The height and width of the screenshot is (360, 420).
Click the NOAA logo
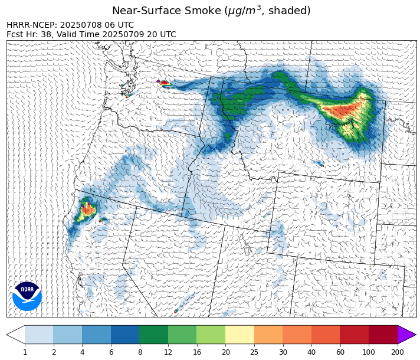[27, 296]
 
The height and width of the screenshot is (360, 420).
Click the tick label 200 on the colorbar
[398, 352]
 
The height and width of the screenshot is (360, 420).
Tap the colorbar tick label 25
[254, 352]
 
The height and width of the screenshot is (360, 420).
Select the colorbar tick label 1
[25, 352]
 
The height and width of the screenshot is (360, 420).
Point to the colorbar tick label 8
[139, 352]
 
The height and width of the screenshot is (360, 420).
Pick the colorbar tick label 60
[340, 352]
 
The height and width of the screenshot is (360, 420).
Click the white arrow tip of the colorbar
[14, 335]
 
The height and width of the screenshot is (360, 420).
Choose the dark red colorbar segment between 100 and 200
[383, 335]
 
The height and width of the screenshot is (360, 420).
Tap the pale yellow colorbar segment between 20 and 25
[239, 335]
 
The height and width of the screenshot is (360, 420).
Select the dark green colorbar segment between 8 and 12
[153, 335]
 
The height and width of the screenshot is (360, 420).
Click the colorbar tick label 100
[369, 352]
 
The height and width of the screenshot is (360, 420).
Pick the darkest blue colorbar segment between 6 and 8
[125, 335]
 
